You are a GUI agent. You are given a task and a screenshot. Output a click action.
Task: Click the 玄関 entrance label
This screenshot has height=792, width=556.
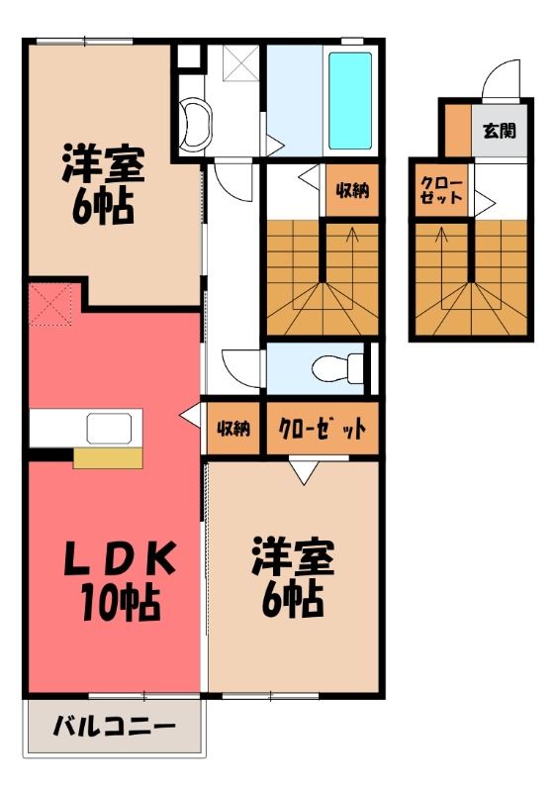(500, 131)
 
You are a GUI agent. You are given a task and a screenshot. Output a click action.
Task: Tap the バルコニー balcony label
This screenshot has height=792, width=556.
(115, 727)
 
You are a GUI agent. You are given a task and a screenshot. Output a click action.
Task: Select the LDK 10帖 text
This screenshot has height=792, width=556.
(120, 580)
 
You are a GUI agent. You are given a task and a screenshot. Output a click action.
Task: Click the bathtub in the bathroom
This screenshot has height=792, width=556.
(350, 101)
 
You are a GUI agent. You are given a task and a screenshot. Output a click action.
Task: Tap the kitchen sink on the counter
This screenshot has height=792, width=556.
(109, 429)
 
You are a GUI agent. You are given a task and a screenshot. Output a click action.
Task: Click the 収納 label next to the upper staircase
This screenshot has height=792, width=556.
(352, 190)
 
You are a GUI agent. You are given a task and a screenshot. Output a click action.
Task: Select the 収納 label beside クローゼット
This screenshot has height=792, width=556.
(233, 429)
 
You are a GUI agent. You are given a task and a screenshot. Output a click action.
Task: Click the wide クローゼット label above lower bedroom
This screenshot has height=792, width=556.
(323, 429)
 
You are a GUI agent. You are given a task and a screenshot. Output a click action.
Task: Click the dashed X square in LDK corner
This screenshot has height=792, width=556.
(50, 305)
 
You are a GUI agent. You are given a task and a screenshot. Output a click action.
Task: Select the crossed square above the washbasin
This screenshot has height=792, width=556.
(240, 63)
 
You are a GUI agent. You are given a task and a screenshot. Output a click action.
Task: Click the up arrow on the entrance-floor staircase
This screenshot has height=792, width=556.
(442, 274)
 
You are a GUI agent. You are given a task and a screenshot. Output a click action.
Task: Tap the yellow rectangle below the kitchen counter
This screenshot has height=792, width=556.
(108, 458)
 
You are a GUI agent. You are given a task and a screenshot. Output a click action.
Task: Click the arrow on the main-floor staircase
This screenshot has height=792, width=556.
(352, 274)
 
